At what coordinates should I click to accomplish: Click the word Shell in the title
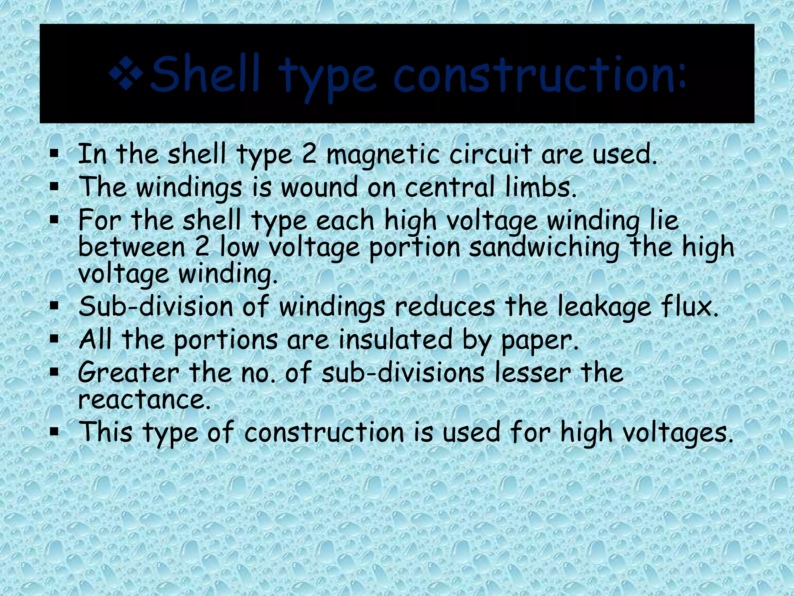(x=205, y=74)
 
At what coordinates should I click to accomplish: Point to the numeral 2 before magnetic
(x=309, y=154)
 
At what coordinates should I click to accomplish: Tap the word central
(x=449, y=187)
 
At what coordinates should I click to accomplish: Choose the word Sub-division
(x=155, y=307)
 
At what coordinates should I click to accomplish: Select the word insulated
(x=395, y=340)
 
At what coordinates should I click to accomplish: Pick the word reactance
(x=144, y=400)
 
